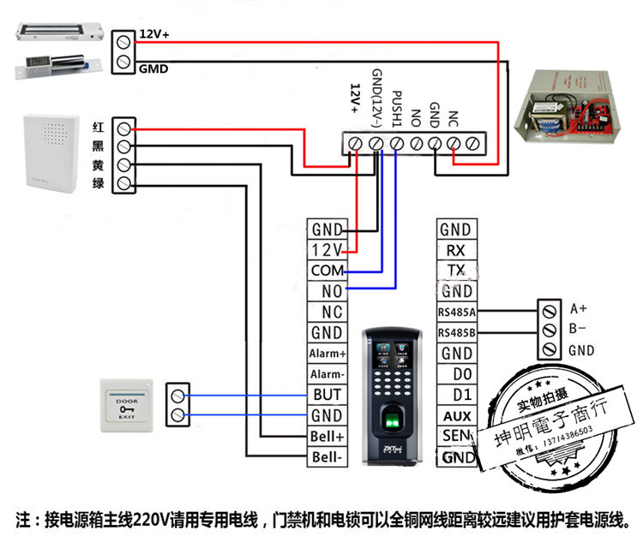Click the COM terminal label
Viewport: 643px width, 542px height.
coord(327,271)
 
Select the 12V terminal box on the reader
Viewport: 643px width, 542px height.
coord(327,250)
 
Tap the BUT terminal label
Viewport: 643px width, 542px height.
coord(327,395)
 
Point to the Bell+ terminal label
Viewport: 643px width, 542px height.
coord(327,437)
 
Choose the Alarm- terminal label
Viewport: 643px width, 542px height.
coord(327,374)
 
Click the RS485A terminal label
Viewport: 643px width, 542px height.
coord(455,312)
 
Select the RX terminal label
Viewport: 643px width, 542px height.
coord(455,250)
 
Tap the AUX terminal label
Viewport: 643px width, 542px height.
coord(455,416)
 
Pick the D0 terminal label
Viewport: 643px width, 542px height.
coord(455,374)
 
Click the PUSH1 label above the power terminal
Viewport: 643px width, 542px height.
coord(397,106)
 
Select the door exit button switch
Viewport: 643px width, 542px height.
coord(126,404)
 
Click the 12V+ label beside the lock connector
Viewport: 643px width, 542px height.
coord(154,34)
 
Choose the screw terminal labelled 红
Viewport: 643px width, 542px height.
coord(124,128)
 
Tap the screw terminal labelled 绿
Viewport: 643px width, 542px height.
coord(124,183)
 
